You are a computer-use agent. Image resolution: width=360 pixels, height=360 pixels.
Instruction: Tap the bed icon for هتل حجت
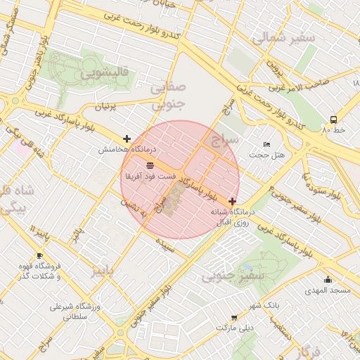[x=266, y=144]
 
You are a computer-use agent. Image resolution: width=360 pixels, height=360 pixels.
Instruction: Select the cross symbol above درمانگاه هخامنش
[x=127, y=139]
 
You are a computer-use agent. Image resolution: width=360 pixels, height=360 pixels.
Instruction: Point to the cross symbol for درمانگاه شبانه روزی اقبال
[x=232, y=201]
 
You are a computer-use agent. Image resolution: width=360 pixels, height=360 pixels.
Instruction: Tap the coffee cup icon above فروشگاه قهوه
[x=39, y=255]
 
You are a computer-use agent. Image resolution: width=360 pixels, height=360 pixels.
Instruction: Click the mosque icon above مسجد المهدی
[x=328, y=280]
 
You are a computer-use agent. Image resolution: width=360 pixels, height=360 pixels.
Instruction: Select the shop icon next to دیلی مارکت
[x=233, y=319]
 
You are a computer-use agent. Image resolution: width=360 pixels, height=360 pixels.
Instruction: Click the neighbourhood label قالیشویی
[x=103, y=72]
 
